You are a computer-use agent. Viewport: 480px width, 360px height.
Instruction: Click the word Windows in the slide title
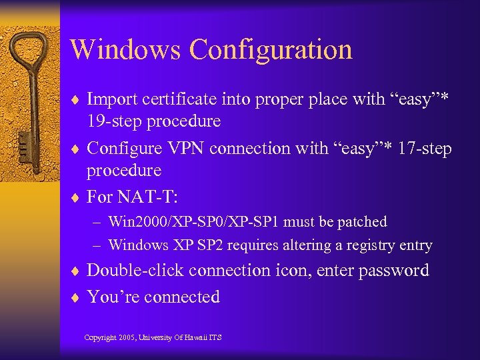(125, 50)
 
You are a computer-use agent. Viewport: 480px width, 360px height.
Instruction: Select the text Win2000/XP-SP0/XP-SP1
(194, 221)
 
